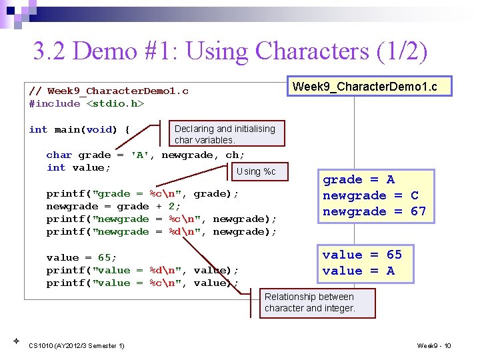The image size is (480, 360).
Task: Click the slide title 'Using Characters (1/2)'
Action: pos(230,51)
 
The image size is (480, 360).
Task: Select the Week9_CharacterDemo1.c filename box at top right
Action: pos(369,87)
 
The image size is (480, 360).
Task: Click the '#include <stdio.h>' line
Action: pos(87,103)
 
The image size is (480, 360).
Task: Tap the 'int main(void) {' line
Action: pos(79,129)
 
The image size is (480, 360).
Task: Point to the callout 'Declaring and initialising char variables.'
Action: pos(224,134)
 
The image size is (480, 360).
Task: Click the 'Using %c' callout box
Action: pos(255,171)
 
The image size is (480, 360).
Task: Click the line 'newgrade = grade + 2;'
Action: pos(113,206)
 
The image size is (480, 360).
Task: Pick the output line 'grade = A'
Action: pos(359,179)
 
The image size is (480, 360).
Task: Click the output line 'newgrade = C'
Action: pos(371,195)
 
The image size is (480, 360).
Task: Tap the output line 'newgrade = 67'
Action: pos(374,211)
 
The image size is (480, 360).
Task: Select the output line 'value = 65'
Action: pos(362,255)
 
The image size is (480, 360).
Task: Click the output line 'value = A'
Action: pos(358,271)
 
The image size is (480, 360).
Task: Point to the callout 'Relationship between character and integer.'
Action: pos(310,302)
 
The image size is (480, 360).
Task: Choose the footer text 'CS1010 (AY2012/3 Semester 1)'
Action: pos(77,345)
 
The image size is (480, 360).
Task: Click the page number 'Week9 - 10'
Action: pos(434,345)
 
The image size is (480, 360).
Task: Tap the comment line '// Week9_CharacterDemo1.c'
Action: pos(109,91)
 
